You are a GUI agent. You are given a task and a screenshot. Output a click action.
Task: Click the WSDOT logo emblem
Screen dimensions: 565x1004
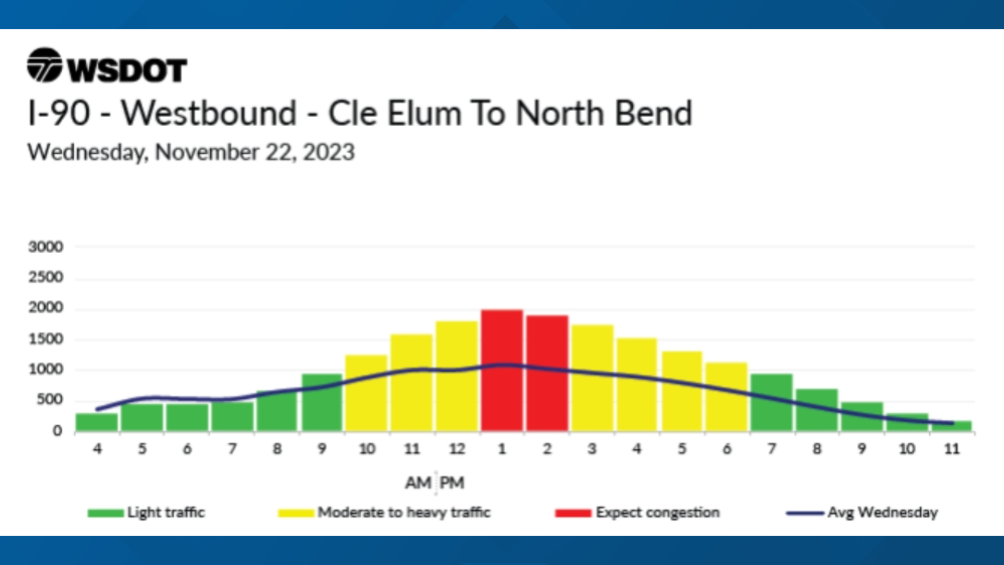tap(44, 65)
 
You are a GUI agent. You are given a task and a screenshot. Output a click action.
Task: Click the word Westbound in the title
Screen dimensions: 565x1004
tap(209, 114)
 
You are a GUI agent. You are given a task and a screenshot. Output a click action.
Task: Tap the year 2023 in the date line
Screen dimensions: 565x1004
tap(329, 152)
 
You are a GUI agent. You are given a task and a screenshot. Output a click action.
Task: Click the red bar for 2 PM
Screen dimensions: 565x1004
tap(547, 374)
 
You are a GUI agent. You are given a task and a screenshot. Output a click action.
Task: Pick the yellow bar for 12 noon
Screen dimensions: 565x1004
tap(457, 376)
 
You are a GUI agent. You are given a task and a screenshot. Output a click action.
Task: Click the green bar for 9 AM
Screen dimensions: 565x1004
tap(322, 403)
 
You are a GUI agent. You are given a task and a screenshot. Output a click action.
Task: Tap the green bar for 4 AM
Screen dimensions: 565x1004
tap(97, 422)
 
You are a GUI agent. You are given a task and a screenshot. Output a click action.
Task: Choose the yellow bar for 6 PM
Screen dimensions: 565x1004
tap(727, 397)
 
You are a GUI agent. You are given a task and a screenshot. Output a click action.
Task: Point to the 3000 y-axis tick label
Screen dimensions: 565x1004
tap(46, 247)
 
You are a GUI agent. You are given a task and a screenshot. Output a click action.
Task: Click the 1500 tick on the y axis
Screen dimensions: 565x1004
tap(46, 340)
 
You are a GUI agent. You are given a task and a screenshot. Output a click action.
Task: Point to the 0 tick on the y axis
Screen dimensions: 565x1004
tap(58, 431)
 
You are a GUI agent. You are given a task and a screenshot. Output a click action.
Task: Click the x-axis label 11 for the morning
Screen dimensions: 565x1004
tap(412, 449)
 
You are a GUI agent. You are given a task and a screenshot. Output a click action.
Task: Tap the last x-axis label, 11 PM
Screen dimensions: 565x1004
tap(952, 449)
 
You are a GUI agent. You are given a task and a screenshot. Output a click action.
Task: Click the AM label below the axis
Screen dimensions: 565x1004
tap(418, 482)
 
